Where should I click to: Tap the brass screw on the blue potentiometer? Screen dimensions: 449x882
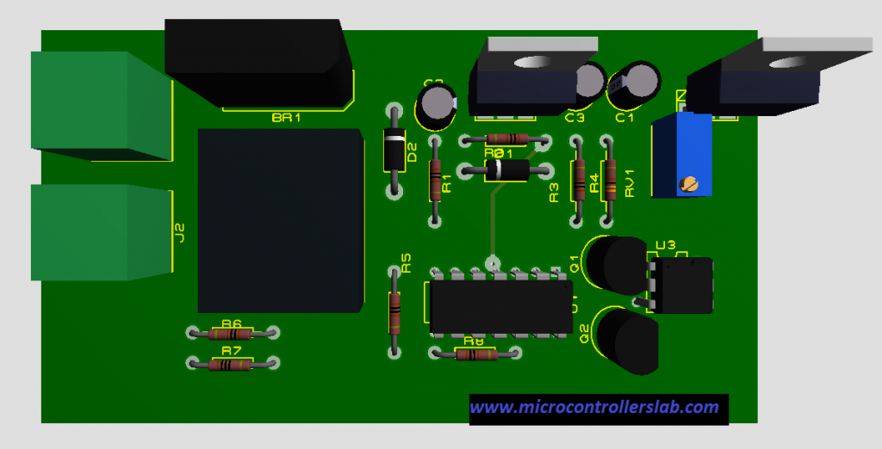point(687,183)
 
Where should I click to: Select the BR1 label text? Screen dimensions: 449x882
point(286,118)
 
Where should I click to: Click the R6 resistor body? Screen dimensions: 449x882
point(232,334)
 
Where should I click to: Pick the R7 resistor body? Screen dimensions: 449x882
point(232,365)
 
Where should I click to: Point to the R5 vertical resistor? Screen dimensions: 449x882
point(395,311)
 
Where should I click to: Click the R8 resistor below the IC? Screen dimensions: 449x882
point(475,354)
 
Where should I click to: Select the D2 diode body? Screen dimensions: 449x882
point(394,151)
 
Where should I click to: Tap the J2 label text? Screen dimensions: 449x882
point(180,232)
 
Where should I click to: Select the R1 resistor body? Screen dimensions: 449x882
point(435,181)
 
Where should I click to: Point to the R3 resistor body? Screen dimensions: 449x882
point(578,180)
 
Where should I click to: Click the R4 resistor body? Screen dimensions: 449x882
point(610,180)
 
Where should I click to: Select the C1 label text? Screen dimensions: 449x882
point(624,118)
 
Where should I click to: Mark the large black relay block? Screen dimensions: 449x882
point(280,220)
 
